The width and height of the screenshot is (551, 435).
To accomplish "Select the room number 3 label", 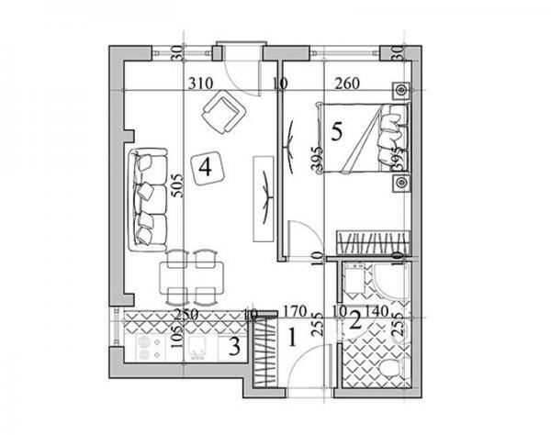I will pyautogui.click(x=235, y=347).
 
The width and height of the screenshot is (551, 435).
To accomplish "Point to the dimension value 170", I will pyautogui.click(x=293, y=310).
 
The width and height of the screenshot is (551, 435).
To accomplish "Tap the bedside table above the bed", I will pyautogui.click(x=400, y=91).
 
